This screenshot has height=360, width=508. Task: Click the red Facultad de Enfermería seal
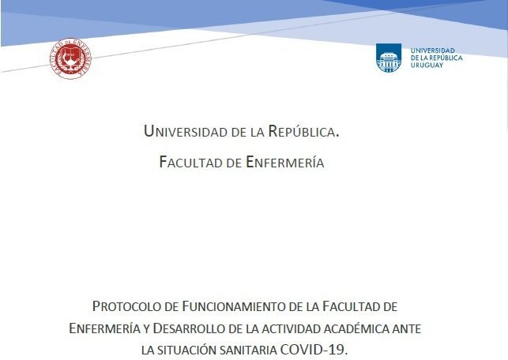coord(70,58)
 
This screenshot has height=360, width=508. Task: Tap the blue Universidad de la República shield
coord(389,58)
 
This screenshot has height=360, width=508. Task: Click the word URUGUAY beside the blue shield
coord(427,65)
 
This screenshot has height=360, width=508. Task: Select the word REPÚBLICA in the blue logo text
coord(446,58)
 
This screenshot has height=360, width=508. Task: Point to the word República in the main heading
coord(303,131)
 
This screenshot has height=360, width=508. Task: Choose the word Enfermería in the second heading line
coord(285,162)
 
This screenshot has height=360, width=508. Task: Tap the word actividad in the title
coord(292,329)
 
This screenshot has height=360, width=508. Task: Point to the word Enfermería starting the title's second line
coord(104,328)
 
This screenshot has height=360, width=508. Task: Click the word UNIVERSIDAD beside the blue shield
coord(433,51)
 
